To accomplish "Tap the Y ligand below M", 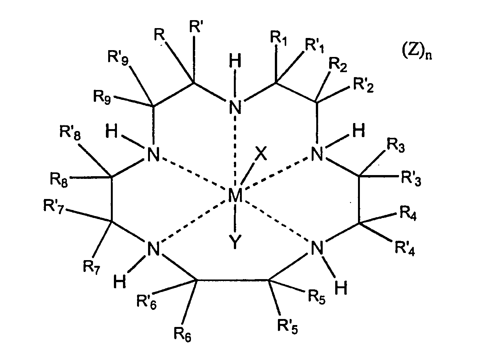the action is [235, 242].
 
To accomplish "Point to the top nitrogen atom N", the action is [235, 107].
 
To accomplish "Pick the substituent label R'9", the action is [118, 58].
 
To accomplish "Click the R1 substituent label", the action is [279, 39].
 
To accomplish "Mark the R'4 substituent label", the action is [405, 249].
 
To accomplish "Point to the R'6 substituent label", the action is [147, 302].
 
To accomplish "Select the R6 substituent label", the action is [183, 334].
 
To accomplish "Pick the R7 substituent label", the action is [91, 267].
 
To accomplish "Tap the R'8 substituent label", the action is [70, 133].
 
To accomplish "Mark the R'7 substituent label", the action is [54, 207].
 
